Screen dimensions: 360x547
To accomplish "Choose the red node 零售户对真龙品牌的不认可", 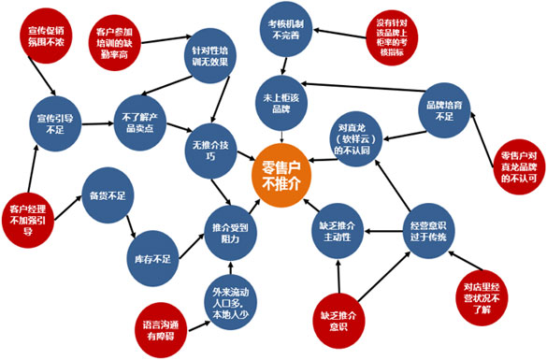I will coord(517,166).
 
